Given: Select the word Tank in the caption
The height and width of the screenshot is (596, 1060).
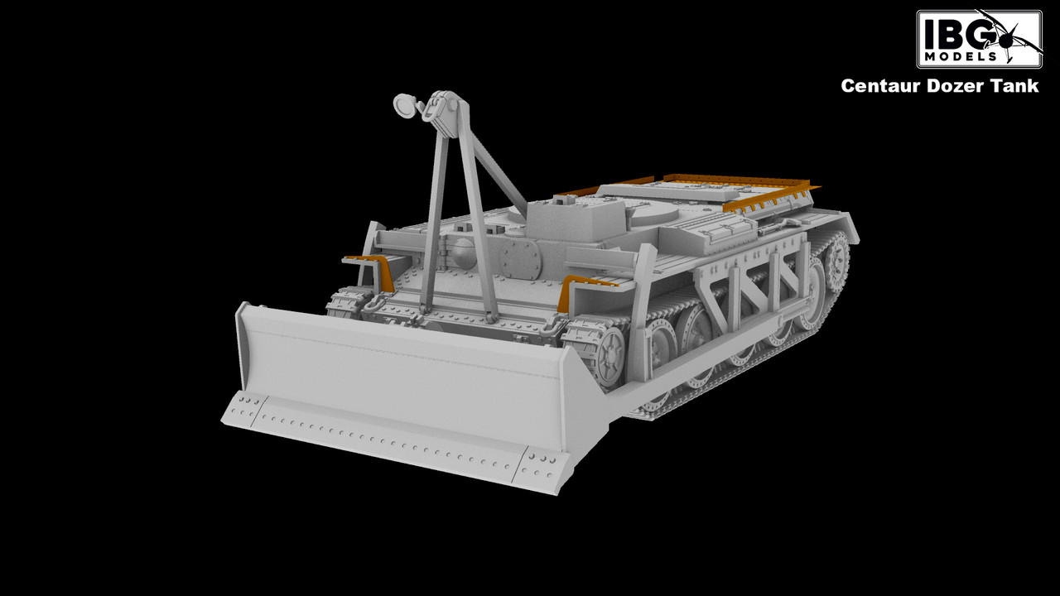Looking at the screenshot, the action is pyautogui.click(x=1015, y=85).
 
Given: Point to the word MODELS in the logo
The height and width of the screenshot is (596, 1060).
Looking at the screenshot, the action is pyautogui.click(x=959, y=57).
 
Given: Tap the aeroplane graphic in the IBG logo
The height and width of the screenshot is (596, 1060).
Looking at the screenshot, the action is pyautogui.click(x=1013, y=38).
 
